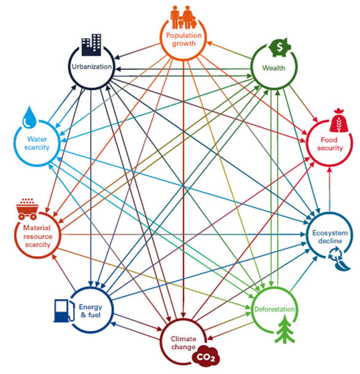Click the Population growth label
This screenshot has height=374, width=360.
click(x=184, y=39)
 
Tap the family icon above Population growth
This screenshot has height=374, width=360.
click(x=183, y=17)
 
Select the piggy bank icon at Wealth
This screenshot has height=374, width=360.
click(x=280, y=47)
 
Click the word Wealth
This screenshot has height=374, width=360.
click(x=273, y=68)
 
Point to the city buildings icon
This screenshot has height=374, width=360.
click(x=92, y=45)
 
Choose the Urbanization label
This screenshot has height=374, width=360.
click(x=92, y=66)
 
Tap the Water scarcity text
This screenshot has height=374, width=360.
click(x=37, y=143)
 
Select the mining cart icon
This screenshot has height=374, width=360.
click(x=28, y=209)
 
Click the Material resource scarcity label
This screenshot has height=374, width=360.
click(x=37, y=236)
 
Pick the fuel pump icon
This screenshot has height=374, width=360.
click(x=64, y=311)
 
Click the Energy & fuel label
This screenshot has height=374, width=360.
click(x=90, y=311)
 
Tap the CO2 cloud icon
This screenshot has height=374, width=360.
click(x=206, y=356)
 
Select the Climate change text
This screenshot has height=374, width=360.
click(x=184, y=343)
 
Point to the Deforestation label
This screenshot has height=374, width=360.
click(x=275, y=310)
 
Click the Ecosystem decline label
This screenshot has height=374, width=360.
click(x=330, y=237)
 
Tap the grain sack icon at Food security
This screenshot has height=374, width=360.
click(x=338, y=120)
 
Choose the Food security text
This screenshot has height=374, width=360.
click(x=330, y=144)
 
